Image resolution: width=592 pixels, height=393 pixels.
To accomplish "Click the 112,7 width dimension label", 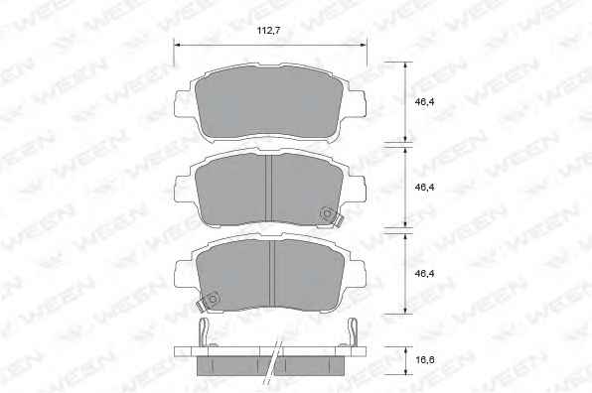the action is tap(268, 31).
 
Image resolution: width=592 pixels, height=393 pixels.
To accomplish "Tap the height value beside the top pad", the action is tap(425, 102).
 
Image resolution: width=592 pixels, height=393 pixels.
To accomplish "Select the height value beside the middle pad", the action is tap(425, 187).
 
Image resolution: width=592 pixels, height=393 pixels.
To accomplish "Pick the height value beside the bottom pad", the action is tap(425, 274).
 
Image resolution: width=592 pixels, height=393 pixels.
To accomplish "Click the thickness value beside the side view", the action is tap(425, 360).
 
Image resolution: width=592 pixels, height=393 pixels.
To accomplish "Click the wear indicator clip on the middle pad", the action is tap(330, 217).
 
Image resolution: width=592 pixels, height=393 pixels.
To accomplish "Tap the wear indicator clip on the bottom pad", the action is tap(209, 301).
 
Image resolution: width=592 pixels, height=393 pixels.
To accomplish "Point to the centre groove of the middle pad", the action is tap(269, 188).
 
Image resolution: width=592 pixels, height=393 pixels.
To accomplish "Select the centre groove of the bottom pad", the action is tap(272, 274).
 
